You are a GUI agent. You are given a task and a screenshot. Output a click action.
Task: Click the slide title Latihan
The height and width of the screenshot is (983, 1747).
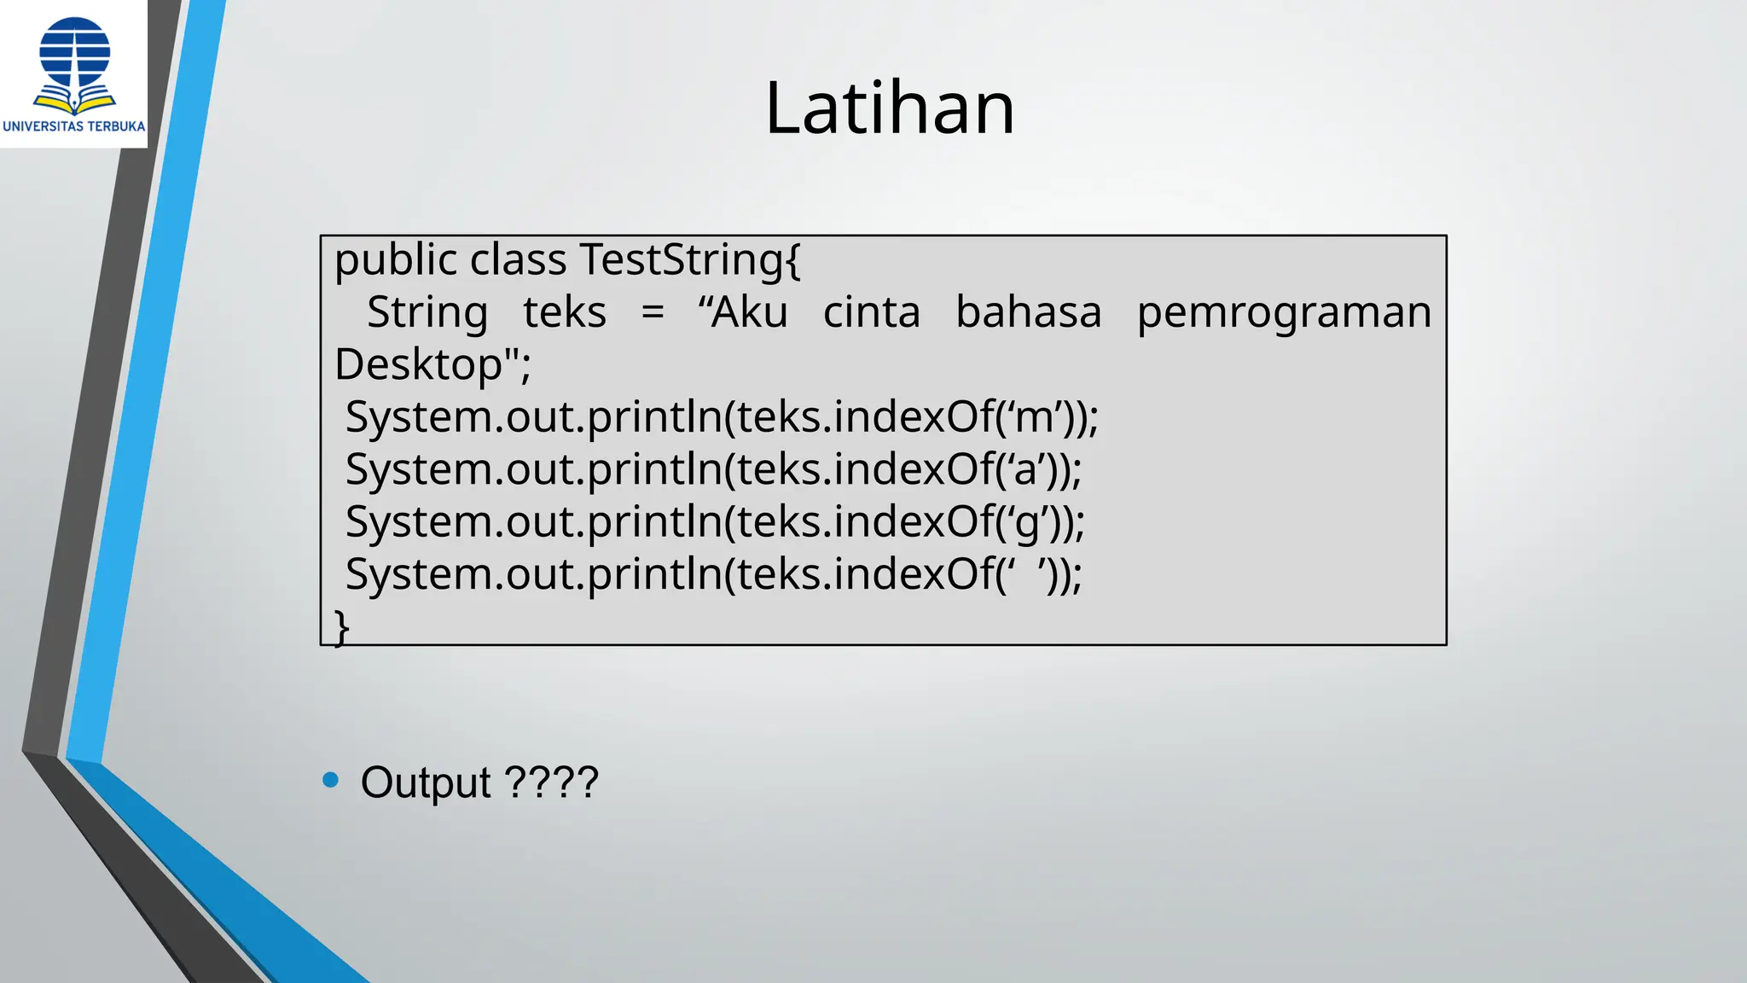890,108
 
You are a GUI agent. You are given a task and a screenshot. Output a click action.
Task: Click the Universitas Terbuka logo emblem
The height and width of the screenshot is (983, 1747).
75,65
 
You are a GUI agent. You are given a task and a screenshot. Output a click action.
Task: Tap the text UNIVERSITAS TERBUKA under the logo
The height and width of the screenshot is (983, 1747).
74,126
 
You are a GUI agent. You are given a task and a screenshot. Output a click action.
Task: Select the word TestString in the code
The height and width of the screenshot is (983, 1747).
689,259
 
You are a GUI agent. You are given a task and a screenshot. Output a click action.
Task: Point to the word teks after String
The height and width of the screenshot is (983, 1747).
565,312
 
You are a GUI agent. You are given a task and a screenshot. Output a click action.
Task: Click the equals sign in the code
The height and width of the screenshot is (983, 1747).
653,313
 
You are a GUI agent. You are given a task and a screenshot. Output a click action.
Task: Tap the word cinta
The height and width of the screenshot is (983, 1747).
872,312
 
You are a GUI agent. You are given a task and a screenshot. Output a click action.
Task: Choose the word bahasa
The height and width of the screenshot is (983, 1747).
1029,312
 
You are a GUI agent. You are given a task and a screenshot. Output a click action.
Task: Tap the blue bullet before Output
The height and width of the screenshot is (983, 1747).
331,780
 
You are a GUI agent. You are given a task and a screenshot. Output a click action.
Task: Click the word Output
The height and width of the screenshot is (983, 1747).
426,782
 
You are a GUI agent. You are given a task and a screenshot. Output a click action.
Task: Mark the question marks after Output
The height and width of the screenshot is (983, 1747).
552,782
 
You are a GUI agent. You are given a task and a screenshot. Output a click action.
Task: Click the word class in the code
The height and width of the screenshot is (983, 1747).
519,259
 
